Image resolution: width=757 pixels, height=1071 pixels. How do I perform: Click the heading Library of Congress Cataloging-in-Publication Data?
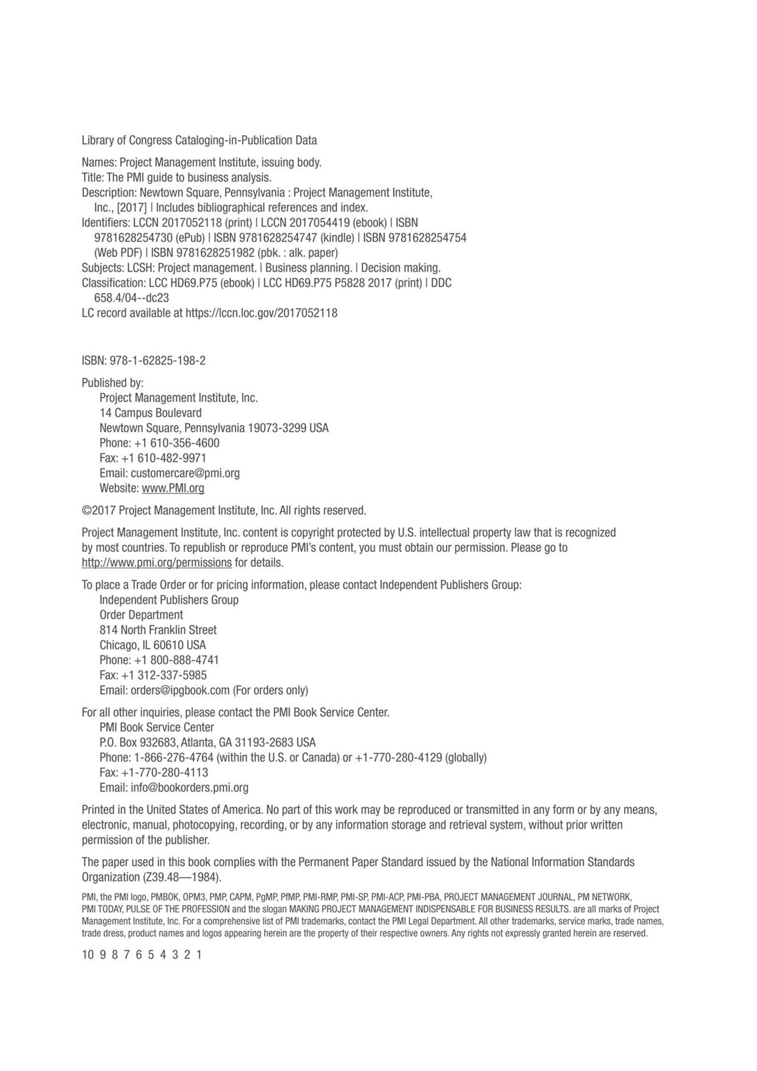[x=199, y=140]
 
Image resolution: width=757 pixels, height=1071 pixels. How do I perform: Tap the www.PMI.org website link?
[x=172, y=488]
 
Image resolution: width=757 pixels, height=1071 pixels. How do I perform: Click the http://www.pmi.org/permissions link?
[x=157, y=563]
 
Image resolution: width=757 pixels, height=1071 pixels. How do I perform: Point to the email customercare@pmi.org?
[x=185, y=473]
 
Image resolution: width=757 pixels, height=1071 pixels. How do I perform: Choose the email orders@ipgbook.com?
[x=180, y=690]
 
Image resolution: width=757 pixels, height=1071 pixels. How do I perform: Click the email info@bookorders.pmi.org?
[x=189, y=787]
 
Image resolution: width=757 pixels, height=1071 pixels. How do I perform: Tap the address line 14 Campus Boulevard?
[x=151, y=413]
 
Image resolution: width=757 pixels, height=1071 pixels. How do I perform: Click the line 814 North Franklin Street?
[x=158, y=630]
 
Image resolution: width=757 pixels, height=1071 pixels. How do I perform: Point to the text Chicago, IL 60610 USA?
[x=152, y=645]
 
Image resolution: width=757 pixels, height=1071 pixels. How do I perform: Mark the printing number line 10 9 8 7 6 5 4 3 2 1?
[x=141, y=954]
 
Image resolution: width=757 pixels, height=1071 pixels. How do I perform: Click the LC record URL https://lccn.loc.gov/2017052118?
[x=261, y=313]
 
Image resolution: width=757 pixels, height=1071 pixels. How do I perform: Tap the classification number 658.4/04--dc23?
[x=132, y=298]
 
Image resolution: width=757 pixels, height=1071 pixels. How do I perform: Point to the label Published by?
[x=112, y=382]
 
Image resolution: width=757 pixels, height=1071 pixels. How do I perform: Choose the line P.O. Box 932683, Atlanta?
[x=207, y=742]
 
